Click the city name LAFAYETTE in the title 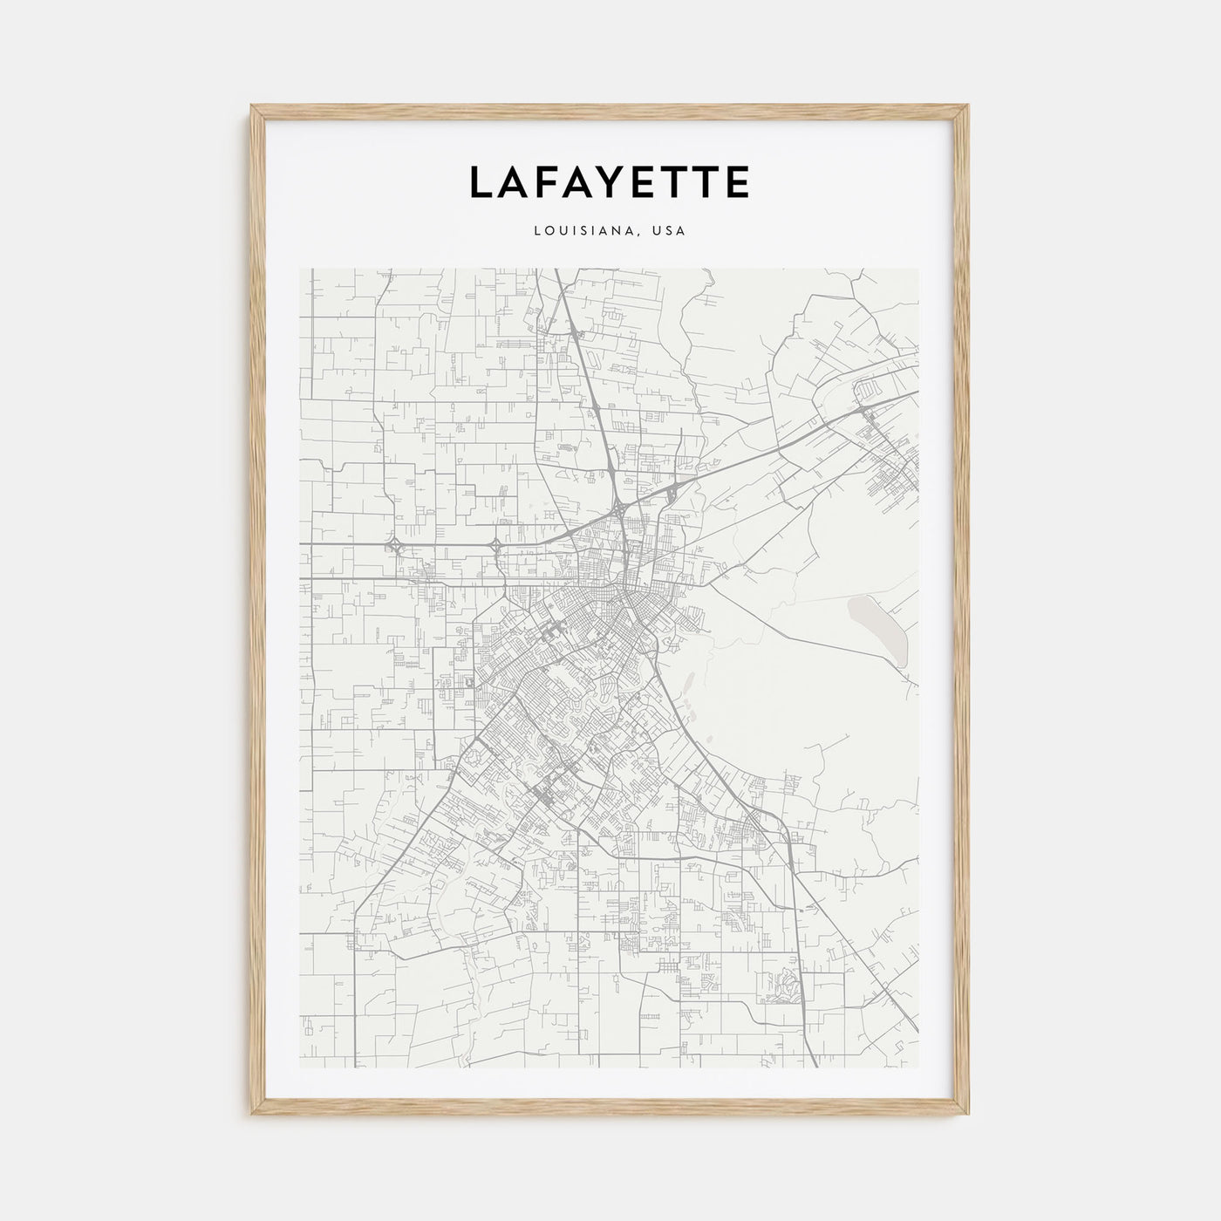click(610, 182)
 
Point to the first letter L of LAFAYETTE click(481, 182)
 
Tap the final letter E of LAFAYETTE click(737, 182)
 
